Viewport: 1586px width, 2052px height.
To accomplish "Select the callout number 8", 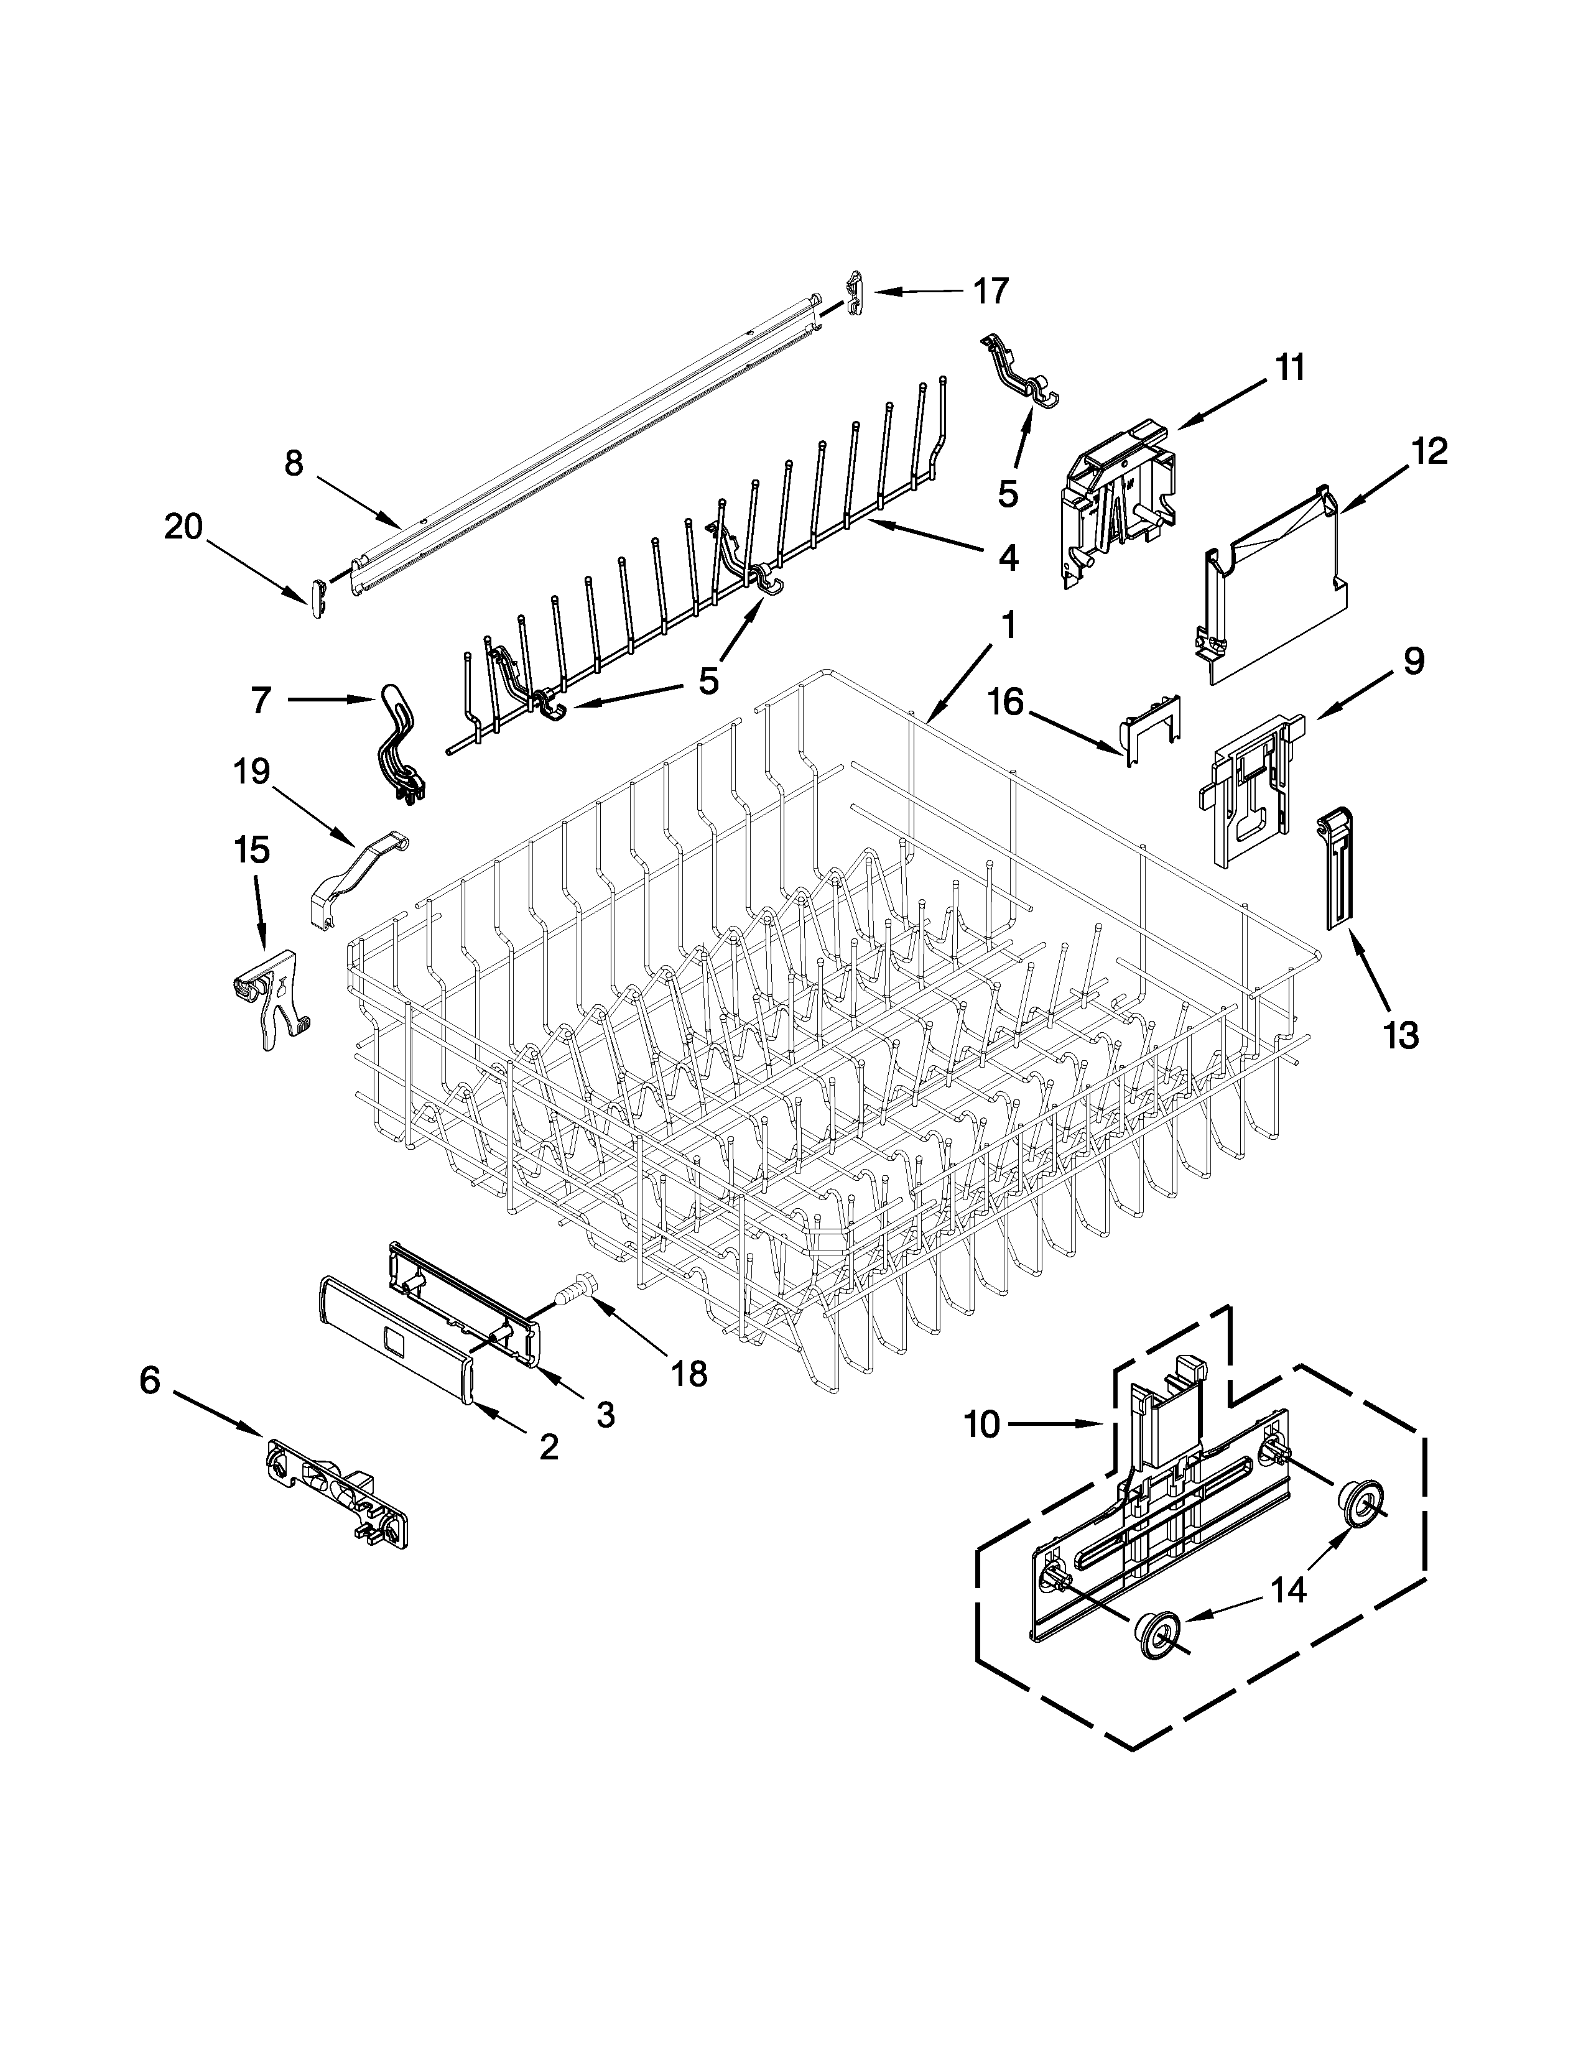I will tap(294, 463).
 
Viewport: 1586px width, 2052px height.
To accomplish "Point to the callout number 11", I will tap(1290, 367).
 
